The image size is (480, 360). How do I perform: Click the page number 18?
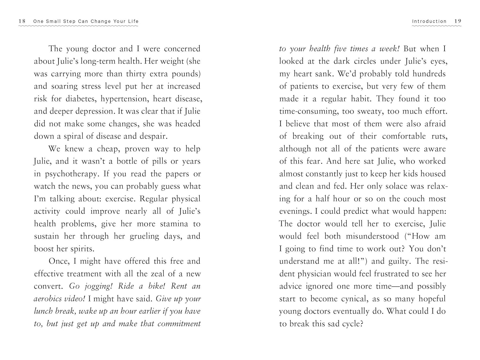(x=22, y=21)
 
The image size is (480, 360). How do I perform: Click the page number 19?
(x=458, y=21)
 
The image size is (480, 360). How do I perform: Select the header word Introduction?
(x=429, y=21)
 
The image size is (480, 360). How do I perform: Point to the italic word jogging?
(x=96, y=286)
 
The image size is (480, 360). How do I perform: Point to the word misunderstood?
(x=372, y=236)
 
